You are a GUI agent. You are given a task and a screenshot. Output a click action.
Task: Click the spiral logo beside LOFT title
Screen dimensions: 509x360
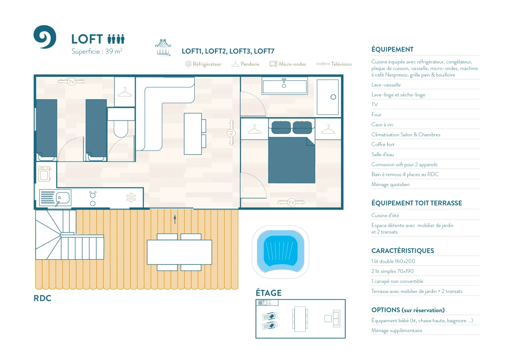(45, 37)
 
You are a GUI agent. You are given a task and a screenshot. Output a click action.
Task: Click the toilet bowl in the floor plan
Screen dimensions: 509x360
(121, 129)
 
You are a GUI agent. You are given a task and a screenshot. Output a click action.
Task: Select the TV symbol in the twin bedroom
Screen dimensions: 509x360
(71, 82)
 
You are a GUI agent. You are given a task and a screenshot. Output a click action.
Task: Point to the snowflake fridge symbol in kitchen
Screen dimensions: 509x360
(131, 198)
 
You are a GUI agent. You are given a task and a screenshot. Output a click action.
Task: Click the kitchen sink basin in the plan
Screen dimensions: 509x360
(63, 198)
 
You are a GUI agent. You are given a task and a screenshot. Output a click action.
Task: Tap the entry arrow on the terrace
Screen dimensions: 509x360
(175, 219)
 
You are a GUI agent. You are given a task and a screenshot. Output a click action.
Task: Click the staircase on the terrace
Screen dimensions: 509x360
(70, 235)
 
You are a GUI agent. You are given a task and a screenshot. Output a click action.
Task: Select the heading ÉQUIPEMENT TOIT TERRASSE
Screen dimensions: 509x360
(417, 203)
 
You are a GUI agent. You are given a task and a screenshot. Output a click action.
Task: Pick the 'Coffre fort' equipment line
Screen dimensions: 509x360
(383, 144)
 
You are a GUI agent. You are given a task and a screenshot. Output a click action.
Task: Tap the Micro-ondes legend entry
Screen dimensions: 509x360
(288, 64)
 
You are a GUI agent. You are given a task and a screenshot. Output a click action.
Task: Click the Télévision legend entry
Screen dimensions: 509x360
(334, 64)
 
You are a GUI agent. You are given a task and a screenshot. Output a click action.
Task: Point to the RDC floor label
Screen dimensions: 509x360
(42, 298)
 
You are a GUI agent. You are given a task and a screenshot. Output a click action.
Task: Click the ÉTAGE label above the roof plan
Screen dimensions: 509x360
(268, 292)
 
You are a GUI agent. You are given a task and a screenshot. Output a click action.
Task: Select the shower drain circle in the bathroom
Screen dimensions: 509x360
(333, 97)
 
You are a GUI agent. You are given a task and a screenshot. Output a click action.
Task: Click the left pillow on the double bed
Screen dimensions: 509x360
(281, 127)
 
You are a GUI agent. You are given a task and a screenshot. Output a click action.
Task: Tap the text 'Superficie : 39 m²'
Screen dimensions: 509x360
(97, 51)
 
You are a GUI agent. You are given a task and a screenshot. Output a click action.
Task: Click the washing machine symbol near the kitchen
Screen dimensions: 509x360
(45, 174)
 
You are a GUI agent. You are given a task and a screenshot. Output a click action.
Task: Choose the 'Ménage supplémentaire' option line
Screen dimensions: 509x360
(397, 330)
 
